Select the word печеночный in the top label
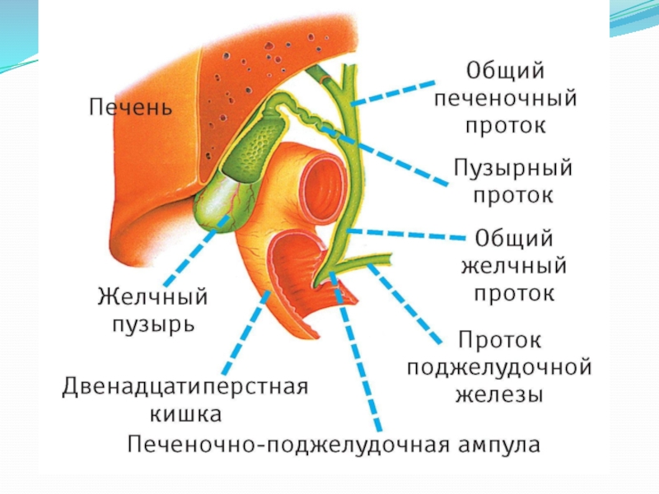pos(505,98)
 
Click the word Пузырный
pos(512,169)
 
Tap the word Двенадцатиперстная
pos(185,386)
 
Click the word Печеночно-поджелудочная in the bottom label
pos(288,445)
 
